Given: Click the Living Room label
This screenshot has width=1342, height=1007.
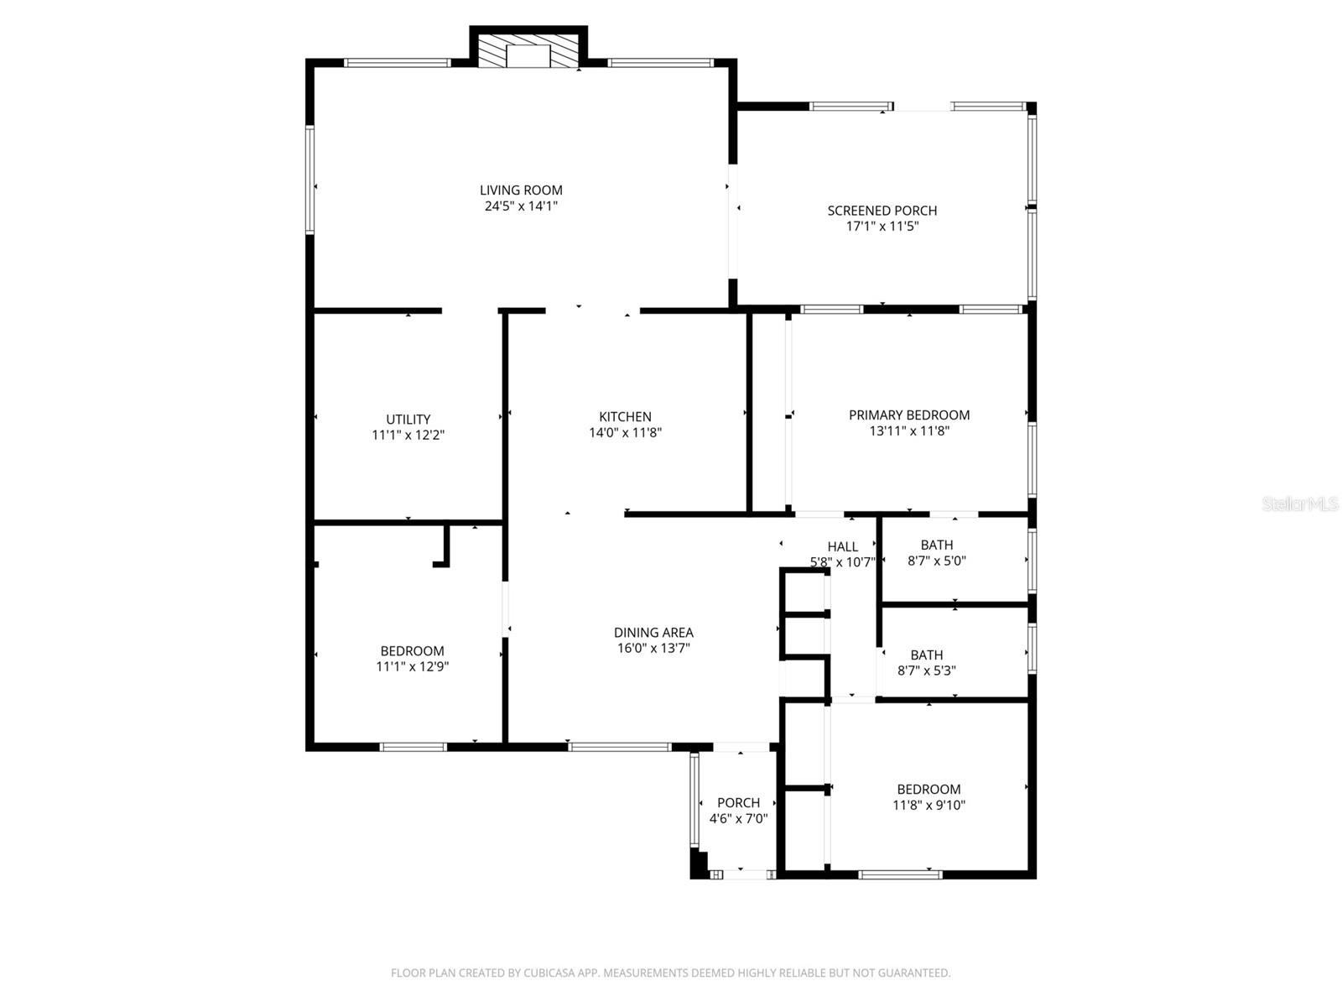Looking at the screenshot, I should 521,190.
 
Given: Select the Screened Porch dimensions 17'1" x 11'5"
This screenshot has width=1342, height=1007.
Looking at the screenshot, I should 882,227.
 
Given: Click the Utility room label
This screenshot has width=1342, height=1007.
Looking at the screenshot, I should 408,420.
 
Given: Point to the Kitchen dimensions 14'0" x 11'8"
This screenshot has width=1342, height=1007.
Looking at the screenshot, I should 625,433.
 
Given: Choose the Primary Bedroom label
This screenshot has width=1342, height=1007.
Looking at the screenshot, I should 909,415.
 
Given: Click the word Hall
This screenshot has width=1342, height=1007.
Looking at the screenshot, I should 842,547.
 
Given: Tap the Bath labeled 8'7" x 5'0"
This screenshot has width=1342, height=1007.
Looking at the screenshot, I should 936,553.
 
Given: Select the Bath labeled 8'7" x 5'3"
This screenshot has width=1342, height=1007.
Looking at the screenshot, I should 926,663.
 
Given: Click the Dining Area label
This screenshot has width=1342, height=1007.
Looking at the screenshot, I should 653,633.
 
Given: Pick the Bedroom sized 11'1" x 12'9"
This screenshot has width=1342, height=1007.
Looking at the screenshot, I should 412,659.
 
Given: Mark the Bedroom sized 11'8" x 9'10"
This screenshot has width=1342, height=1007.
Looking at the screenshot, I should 928,797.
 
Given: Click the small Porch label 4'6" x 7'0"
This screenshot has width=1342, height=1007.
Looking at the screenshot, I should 738,811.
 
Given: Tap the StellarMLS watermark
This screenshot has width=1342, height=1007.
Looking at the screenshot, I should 1299,504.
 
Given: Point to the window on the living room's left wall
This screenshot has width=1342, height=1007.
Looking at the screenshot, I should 309,179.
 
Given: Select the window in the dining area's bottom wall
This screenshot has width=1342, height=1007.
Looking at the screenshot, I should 619,746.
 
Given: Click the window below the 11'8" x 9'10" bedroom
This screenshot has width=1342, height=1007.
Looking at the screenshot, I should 900,874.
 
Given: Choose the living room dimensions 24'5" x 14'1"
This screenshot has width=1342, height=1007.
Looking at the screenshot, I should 521,206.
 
